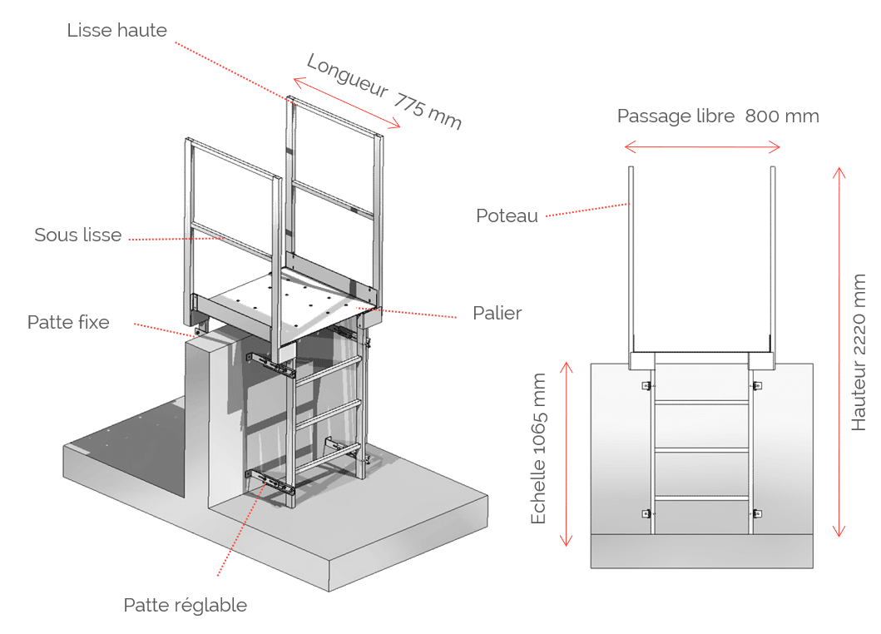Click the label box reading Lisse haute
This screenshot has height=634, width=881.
tap(117, 30)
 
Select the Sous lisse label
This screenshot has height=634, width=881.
tap(78, 235)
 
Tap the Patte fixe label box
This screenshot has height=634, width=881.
tap(68, 322)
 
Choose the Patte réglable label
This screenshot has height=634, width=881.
tap(185, 605)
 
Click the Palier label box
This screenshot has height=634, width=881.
tap(497, 313)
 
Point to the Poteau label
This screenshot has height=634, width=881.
tap(507, 215)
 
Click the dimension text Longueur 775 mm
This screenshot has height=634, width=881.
tap(384, 91)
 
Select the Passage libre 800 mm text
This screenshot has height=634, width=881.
tap(717, 116)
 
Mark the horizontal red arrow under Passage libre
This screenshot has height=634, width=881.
tap(702, 148)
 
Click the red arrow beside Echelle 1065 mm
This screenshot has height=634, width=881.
tap(567, 453)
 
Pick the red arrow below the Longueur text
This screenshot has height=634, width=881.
tap(347, 105)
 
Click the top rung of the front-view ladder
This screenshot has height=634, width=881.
tap(703, 402)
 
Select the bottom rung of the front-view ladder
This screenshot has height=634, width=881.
tap(703, 498)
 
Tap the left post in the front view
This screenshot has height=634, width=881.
tap(632, 258)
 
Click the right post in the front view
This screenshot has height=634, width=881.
tap(774, 258)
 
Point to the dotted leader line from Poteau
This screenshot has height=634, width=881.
tap(587, 211)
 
